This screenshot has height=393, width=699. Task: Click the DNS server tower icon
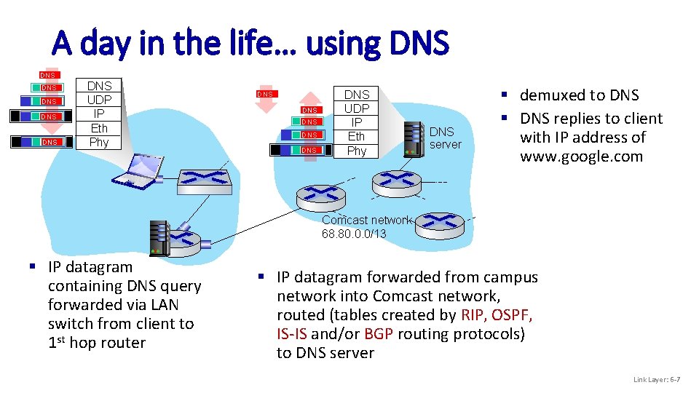(413, 138)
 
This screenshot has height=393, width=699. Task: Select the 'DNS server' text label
(445, 138)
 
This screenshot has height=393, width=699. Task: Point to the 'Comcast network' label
(367, 220)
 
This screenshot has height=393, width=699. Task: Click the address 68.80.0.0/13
(354, 234)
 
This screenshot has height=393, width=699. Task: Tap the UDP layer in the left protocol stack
(98, 100)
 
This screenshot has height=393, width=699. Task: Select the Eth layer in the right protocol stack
(356, 136)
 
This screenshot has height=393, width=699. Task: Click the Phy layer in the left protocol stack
(98, 142)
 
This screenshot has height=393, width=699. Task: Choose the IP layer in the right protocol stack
(356, 122)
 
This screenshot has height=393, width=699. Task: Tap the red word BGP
(379, 333)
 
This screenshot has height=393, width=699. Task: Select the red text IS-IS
(291, 333)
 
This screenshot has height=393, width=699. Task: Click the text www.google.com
(581, 156)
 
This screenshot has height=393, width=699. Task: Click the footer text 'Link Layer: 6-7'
(657, 379)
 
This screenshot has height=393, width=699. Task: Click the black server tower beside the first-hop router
(158, 237)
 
